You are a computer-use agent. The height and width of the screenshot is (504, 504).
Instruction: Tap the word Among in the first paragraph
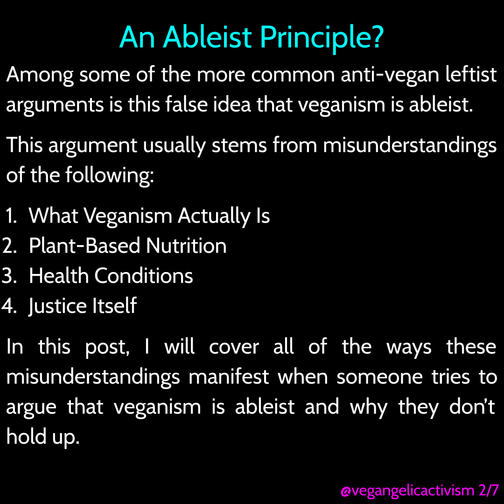tap(40, 75)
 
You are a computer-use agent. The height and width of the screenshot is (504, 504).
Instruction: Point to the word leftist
tap(471, 74)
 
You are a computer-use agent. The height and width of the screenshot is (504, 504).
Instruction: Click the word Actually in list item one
tap(214, 216)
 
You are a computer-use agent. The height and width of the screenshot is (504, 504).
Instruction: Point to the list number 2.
tap(9, 246)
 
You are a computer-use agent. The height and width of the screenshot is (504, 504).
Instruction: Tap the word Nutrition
tap(186, 245)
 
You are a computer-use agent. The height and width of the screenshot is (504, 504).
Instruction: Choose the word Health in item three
tap(58, 275)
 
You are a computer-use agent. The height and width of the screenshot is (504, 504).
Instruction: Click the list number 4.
tap(9, 306)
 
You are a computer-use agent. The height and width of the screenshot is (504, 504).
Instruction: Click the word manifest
tap(228, 377)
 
